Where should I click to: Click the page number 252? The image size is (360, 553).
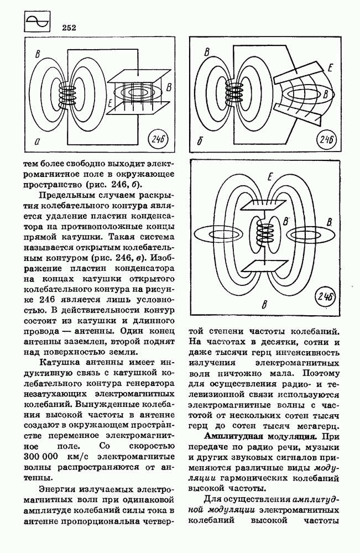pyautogui.click(x=70, y=27)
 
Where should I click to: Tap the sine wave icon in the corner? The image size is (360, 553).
pyautogui.click(x=37, y=23)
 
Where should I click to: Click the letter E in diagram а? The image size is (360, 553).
pyautogui.click(x=111, y=102)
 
